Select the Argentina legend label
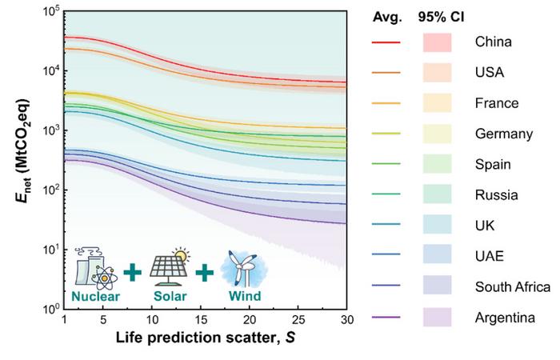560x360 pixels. pos(504,318)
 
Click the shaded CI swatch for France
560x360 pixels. pos(437,103)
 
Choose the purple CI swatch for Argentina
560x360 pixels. pos(437,318)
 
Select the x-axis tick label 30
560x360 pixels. pos(346,320)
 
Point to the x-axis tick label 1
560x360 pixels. pos(63,320)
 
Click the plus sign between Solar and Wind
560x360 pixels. pos(206,273)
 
